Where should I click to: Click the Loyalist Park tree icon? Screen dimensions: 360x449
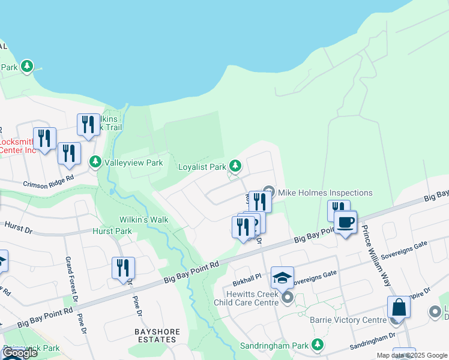tap(236, 165)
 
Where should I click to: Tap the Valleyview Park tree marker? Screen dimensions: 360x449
tap(95, 162)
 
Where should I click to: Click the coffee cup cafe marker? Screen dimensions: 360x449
tap(345, 223)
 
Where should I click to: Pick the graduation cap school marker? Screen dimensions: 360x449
tap(282, 278)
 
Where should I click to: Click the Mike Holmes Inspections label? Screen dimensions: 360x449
tap(325, 193)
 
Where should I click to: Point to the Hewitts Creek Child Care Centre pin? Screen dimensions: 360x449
tap(288, 297)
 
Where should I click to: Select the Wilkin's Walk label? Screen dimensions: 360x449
tap(143, 220)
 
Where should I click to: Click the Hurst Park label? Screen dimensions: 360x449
tap(112, 231)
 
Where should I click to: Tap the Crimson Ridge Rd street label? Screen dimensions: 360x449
tap(49, 181)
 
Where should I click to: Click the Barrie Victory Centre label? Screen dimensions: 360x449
tap(348, 320)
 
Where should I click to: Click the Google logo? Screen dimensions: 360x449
tap(20, 353)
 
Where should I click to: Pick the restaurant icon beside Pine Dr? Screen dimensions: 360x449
tap(123, 268)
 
